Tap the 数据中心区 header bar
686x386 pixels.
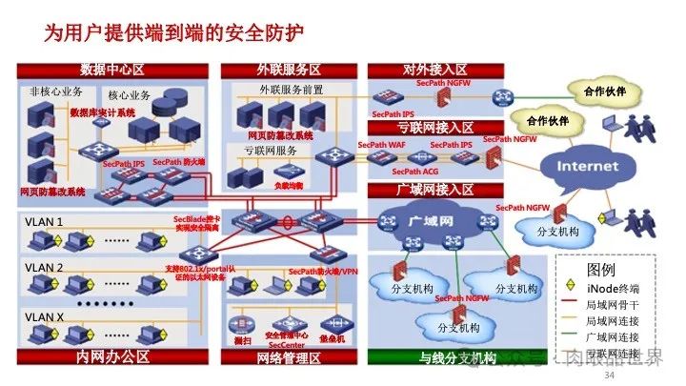tap(112, 71)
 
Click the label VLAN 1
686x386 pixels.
tap(45, 223)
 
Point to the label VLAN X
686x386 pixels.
tap(45, 316)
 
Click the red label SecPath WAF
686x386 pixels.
tap(382, 145)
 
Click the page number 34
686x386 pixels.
tap(610, 377)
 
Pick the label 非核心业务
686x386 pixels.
tap(56, 91)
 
